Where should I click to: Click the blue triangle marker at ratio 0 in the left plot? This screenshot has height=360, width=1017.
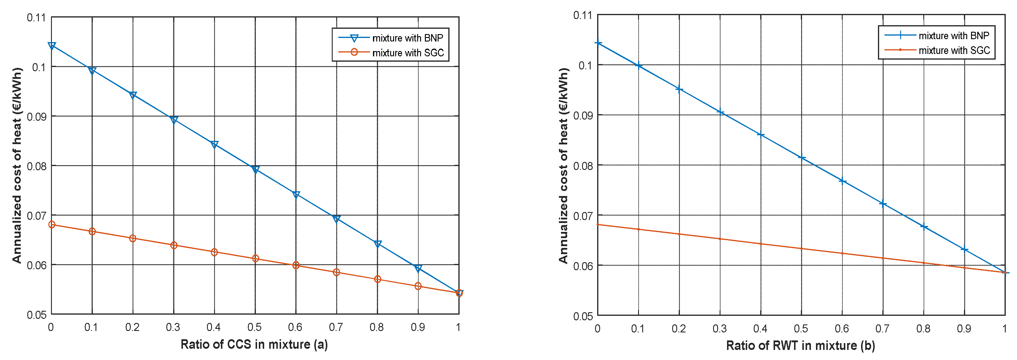pos(52,46)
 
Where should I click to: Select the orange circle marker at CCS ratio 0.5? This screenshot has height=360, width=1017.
pos(255,259)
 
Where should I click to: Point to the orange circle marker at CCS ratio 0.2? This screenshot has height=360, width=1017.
pos(133,238)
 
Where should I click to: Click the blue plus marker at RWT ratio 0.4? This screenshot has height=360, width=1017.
pos(761,135)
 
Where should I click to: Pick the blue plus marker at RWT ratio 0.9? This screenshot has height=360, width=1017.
pos(964,249)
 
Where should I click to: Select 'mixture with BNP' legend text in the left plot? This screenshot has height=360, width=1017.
pos(407,38)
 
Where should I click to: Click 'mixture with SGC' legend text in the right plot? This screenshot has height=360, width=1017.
pos(954,50)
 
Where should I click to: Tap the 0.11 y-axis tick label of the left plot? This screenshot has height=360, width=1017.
pos(36,18)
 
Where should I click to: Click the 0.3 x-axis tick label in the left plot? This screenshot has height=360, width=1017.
pos(173,327)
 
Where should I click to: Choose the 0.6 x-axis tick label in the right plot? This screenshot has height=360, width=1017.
pos(842,329)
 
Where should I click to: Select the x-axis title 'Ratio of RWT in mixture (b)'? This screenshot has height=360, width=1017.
pos(800,346)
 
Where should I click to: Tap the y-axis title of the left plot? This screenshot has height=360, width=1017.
pos(17,166)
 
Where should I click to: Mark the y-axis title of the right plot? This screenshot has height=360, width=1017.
pos(563,166)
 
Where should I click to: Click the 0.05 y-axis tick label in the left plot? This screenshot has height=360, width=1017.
pos(36,315)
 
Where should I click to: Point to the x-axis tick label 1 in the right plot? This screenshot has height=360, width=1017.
pos(1004,329)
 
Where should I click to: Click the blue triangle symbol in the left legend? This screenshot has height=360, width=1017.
pos(354,38)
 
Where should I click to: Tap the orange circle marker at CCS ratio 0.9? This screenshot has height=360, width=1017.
pos(418,286)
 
